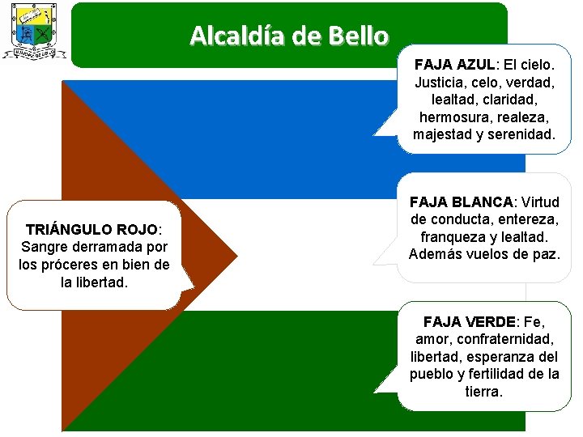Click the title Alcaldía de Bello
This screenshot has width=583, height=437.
point(289,36)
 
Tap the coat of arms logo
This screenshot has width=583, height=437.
point(33,32)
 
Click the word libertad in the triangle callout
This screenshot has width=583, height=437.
point(101,282)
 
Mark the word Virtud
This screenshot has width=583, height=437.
point(540,202)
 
